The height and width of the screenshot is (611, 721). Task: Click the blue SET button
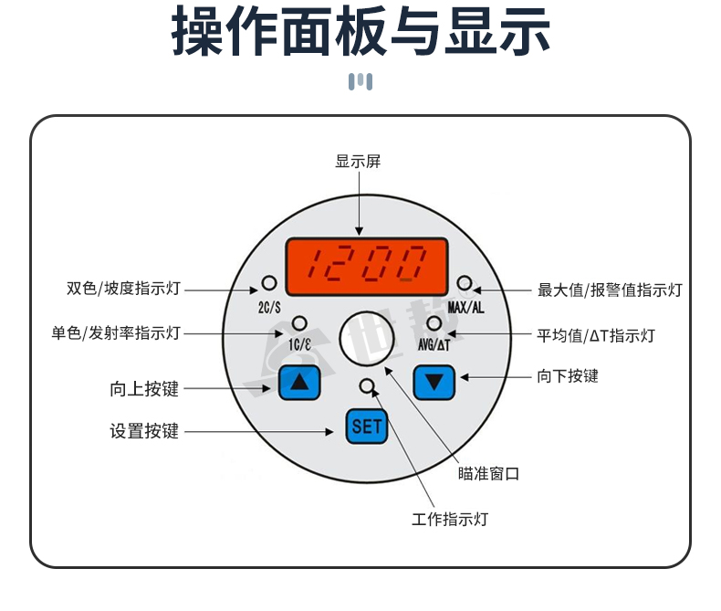pos(367,426)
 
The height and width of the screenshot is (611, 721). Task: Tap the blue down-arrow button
pos(434,382)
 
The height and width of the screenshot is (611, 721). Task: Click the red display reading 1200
pos(366,264)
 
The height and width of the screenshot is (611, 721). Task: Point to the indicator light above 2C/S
pos(268,281)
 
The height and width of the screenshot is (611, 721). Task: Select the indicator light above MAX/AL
pos(465,282)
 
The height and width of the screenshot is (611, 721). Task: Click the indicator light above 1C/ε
pos(299,323)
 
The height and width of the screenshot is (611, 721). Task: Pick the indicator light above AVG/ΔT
pos(434,323)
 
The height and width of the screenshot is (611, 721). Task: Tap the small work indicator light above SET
pos(367,385)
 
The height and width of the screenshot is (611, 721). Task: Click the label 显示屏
pos(358,162)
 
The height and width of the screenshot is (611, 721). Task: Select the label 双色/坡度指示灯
pos(124,290)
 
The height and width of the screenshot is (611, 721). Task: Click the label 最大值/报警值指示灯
pos(610,290)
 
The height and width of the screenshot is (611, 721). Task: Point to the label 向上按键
pos(144,389)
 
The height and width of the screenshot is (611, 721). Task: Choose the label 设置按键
pos(144,431)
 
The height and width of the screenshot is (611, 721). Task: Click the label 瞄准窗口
pos(488,473)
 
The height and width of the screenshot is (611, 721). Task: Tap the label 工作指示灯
pos(450,519)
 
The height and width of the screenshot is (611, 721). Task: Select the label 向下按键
pos(569,375)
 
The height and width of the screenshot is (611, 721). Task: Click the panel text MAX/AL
pos(466,307)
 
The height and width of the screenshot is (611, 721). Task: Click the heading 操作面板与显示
pos(361,34)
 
